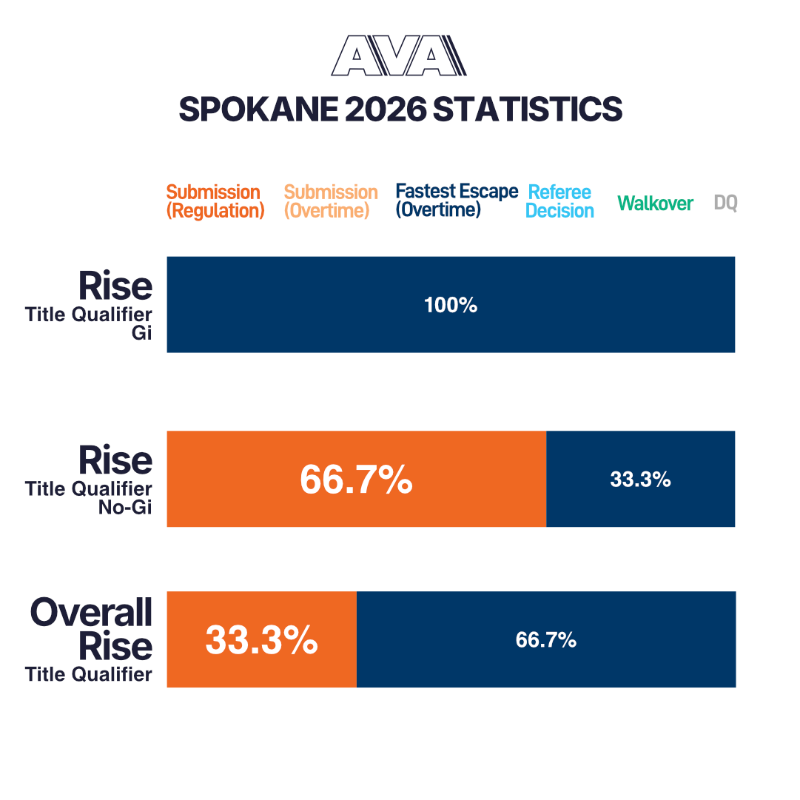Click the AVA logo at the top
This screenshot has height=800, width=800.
click(399, 56)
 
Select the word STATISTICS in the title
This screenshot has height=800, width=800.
click(527, 110)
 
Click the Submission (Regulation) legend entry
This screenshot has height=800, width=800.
click(215, 201)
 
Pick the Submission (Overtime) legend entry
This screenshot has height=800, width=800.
click(331, 201)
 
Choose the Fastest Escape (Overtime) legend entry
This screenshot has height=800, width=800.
click(457, 201)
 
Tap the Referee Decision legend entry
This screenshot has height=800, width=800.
click(559, 201)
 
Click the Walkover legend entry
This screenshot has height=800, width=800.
click(655, 203)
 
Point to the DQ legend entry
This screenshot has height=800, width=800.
click(725, 203)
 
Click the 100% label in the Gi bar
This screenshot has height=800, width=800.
click(451, 305)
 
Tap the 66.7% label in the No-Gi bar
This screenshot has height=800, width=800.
click(356, 480)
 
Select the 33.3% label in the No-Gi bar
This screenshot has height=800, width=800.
click(640, 480)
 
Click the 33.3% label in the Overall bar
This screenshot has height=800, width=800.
click(261, 640)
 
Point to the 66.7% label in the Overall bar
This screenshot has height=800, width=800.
click(546, 640)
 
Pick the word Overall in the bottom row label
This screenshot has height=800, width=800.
click(92, 612)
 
